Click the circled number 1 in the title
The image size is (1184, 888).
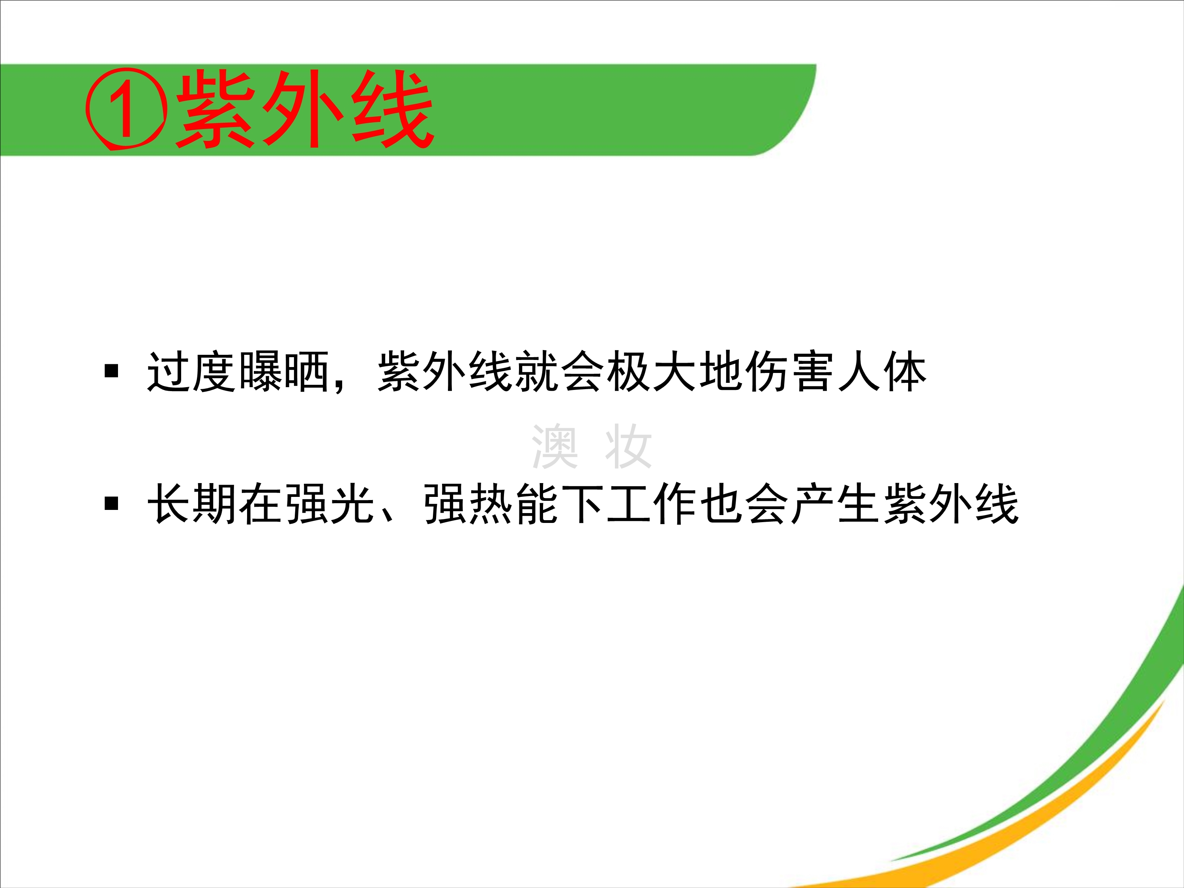pyautogui.click(x=126, y=110)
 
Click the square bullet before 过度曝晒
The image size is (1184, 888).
pyautogui.click(x=111, y=371)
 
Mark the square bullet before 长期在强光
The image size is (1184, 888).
pyautogui.click(x=111, y=503)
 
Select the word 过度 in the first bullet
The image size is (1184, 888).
pyautogui.click(x=192, y=372)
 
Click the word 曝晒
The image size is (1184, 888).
pyautogui.click(x=284, y=372)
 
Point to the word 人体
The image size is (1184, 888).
pyautogui.click(x=882, y=372)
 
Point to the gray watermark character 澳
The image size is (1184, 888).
pyautogui.click(x=555, y=446)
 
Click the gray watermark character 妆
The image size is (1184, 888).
pyautogui.click(x=628, y=446)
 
